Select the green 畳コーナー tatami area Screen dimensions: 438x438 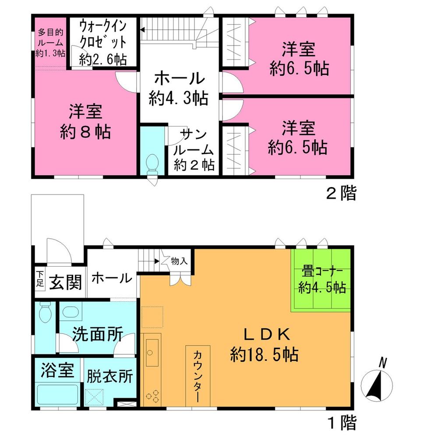coord(321,280)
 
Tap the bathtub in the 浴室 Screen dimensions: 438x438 coord(57,395)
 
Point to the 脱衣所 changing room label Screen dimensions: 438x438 coord(109,376)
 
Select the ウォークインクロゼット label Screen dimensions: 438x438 coord(103,42)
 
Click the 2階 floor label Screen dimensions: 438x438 coord(341,193)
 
